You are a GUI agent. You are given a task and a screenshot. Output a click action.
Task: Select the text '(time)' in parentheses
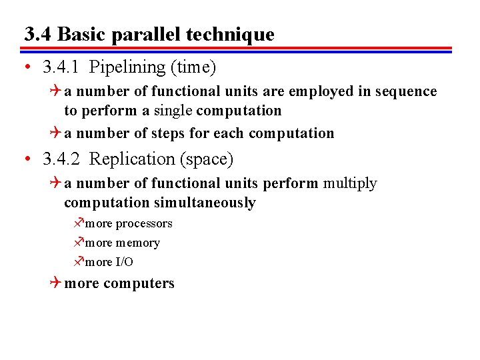pos(193,67)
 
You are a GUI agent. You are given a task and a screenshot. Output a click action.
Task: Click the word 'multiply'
pos(350,183)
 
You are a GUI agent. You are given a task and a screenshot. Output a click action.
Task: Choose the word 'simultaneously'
pos(205,203)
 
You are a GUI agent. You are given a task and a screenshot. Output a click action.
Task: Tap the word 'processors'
pos(144,224)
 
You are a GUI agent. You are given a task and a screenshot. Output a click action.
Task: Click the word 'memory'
pos(137,243)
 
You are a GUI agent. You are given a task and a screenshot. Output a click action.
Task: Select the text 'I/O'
pos(124,263)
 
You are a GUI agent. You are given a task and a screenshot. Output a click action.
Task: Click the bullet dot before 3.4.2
pos(26,160)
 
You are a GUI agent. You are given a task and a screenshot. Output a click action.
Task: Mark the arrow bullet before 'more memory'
pos(78,243)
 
